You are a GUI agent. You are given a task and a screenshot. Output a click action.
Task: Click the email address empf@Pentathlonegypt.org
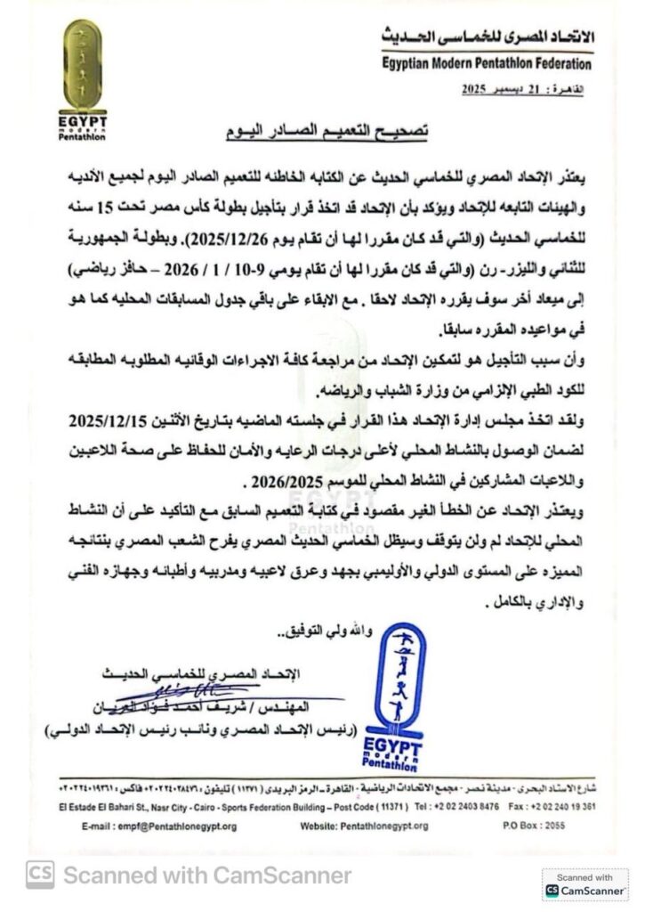pyautogui.click(x=167, y=826)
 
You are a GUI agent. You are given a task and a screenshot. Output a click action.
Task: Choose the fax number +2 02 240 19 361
pyautogui.click(x=568, y=806)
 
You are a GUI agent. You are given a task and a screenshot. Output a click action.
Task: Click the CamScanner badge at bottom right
pyautogui.click(x=585, y=883)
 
